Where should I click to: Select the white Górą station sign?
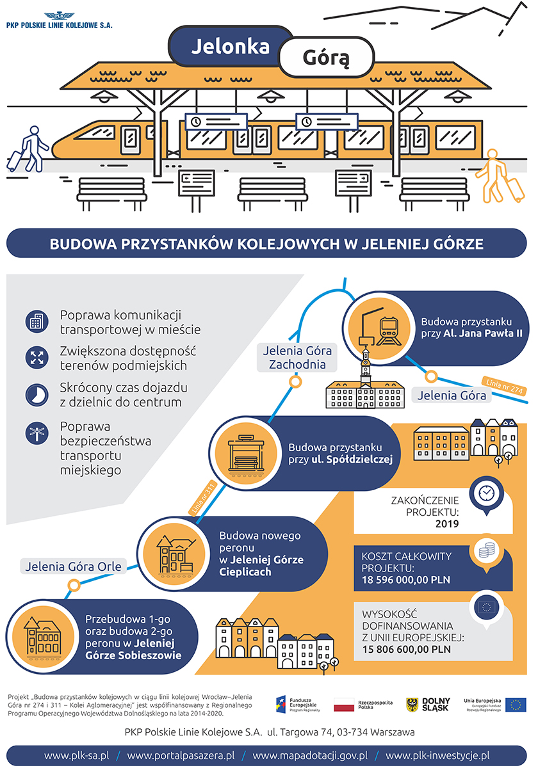click(326, 58)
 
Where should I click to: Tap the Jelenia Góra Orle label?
click(73, 565)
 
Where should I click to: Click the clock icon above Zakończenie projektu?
click(485, 492)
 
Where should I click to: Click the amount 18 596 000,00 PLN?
click(405, 580)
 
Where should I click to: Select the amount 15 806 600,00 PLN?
click(406, 649)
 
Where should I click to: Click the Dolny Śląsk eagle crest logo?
click(413, 705)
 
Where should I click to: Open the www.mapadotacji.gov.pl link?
click(310, 756)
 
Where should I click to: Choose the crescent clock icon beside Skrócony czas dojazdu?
click(37, 394)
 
